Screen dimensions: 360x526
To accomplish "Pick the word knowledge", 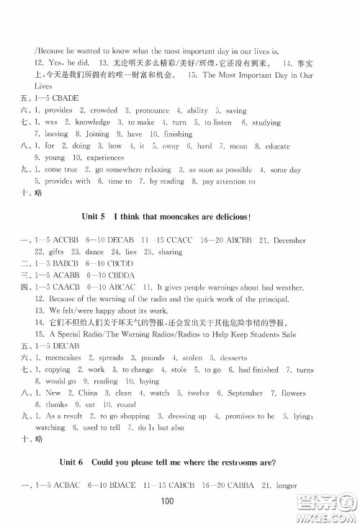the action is click(x=91, y=122).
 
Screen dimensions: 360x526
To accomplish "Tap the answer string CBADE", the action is click(x=63, y=99).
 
